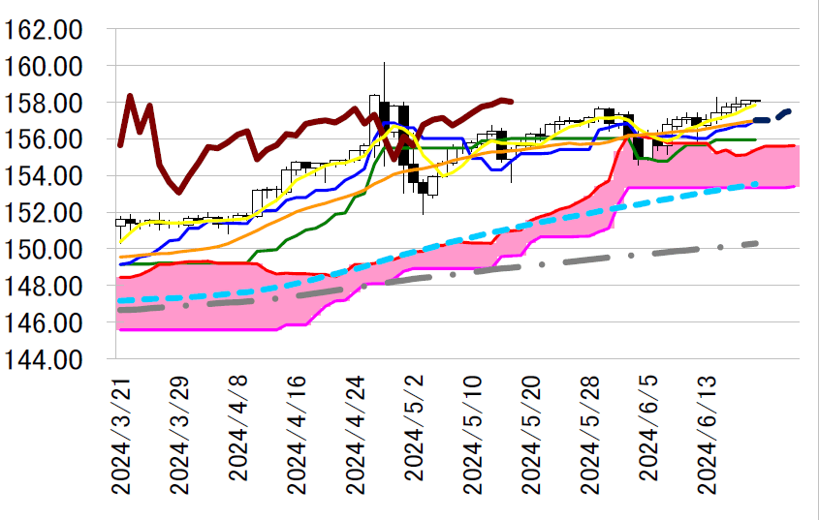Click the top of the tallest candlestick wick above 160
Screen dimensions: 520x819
(385, 62)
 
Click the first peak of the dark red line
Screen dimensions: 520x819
(130, 96)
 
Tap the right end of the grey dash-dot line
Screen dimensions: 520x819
(756, 243)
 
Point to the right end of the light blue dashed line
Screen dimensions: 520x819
(756, 183)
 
